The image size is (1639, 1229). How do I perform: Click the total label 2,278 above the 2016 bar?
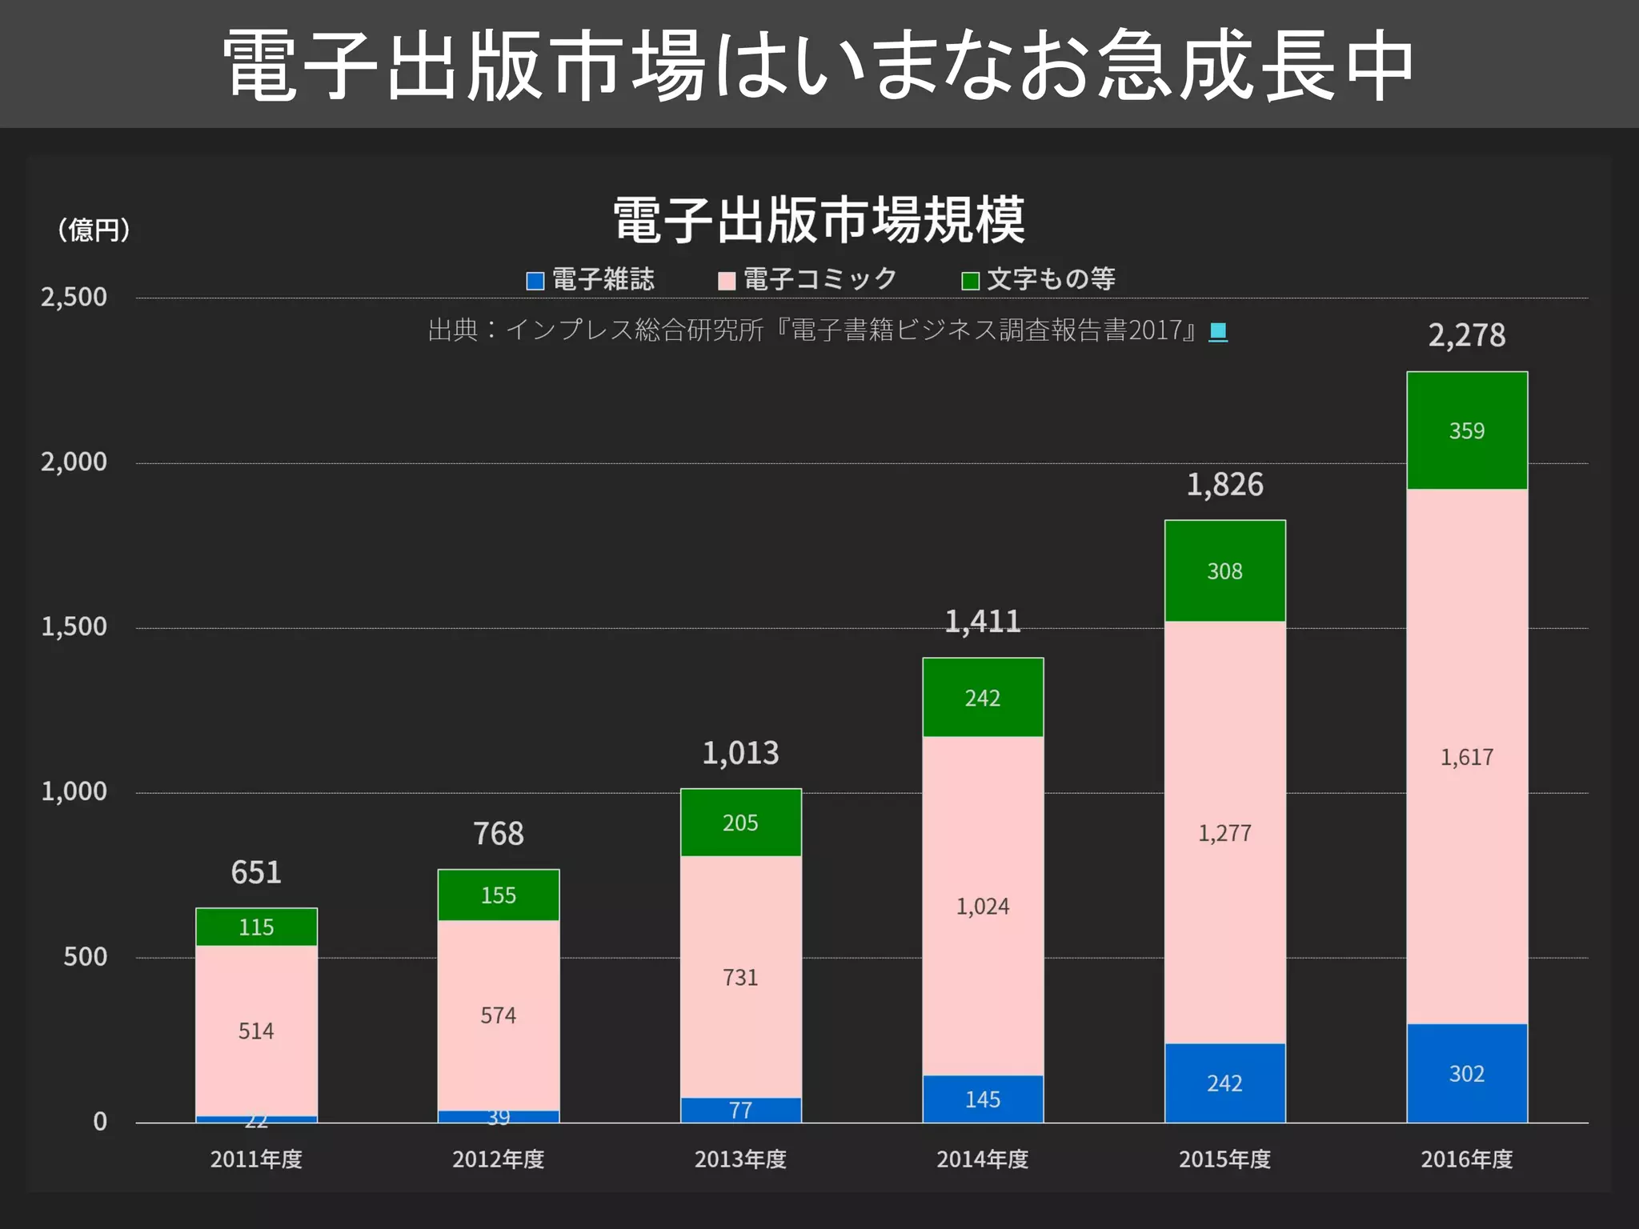pyautogui.click(x=1466, y=335)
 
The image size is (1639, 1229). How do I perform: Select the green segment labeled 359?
pyautogui.click(x=1466, y=430)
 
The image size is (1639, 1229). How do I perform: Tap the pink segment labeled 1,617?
pyautogui.click(x=1466, y=756)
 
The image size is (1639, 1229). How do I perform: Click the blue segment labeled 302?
pyautogui.click(x=1466, y=1073)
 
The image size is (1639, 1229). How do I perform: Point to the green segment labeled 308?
pyautogui.click(x=1224, y=570)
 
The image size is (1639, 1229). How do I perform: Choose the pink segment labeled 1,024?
pyautogui.click(x=982, y=906)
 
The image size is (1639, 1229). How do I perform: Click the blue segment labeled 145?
pyautogui.click(x=982, y=1099)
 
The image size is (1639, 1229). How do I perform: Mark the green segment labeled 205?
pyautogui.click(x=740, y=823)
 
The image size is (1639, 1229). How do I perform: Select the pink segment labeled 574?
pyautogui.click(x=498, y=1015)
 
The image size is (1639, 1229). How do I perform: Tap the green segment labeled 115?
pyautogui.click(x=256, y=927)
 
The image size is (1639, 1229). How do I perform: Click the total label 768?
pyautogui.click(x=498, y=834)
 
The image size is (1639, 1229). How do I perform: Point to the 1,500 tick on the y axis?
pyautogui.click(x=74, y=627)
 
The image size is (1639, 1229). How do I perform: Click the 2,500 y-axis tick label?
pyautogui.click(x=74, y=297)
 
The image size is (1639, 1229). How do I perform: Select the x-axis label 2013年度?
pyautogui.click(x=740, y=1159)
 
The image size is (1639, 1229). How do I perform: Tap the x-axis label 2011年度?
pyautogui.click(x=256, y=1159)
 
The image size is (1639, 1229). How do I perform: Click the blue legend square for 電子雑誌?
pyautogui.click(x=535, y=281)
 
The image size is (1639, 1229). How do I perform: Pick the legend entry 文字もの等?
pyautogui.click(x=1050, y=279)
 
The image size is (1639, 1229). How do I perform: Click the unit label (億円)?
pyautogui.click(x=94, y=230)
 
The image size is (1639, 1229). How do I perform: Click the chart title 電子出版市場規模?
pyautogui.click(x=819, y=219)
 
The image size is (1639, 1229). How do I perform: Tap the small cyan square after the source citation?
pyautogui.click(x=1217, y=330)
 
